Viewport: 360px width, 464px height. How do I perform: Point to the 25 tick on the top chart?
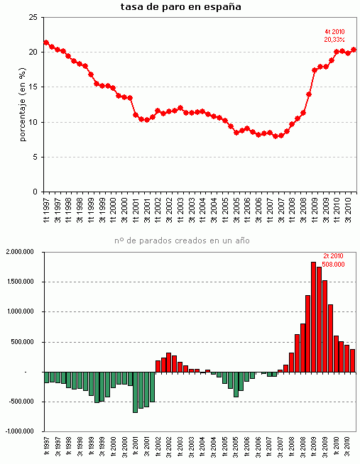[33, 17]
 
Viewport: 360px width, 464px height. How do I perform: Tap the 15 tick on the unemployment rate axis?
[33, 87]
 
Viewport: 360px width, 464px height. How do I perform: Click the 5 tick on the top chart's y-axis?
[36, 157]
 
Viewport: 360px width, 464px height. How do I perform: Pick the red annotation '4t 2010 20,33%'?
[334, 36]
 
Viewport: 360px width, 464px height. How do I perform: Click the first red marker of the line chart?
[46, 43]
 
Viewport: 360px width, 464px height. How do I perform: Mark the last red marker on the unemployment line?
[354, 50]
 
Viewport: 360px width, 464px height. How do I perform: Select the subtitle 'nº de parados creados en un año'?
[181, 241]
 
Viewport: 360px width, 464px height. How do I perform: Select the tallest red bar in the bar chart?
[313, 317]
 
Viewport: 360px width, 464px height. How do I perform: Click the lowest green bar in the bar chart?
[136, 392]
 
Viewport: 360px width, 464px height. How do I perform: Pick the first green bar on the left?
[47, 377]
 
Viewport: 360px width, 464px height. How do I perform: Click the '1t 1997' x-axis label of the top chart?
[46, 206]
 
